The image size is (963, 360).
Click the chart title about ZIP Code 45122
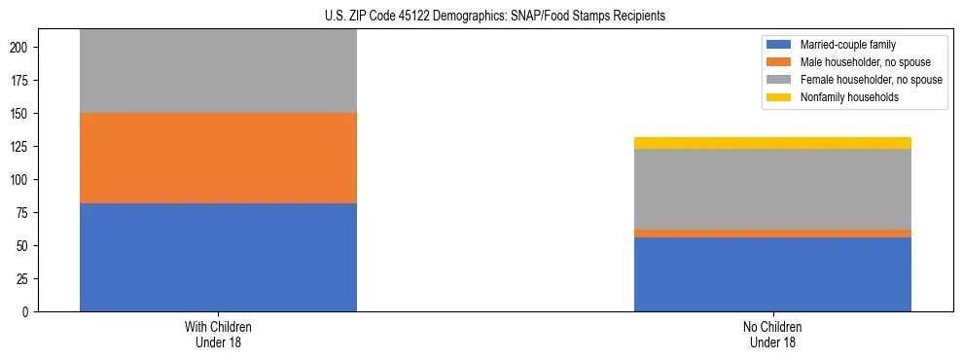click(x=495, y=16)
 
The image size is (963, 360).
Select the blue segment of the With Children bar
click(x=218, y=257)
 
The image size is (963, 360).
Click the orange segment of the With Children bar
click(x=218, y=158)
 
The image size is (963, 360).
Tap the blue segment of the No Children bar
click(x=772, y=274)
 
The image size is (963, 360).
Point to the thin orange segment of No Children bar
click(x=772, y=234)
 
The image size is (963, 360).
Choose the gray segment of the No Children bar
click(x=772, y=189)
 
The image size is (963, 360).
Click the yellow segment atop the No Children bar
click(x=772, y=143)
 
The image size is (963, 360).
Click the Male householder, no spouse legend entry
click(x=857, y=62)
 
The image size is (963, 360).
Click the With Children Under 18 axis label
click(x=218, y=334)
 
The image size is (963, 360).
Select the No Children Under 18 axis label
click(x=772, y=334)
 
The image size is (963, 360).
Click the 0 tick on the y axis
click(x=31, y=312)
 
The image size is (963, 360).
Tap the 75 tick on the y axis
click(x=27, y=213)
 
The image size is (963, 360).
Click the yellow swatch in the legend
click(x=779, y=97)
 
